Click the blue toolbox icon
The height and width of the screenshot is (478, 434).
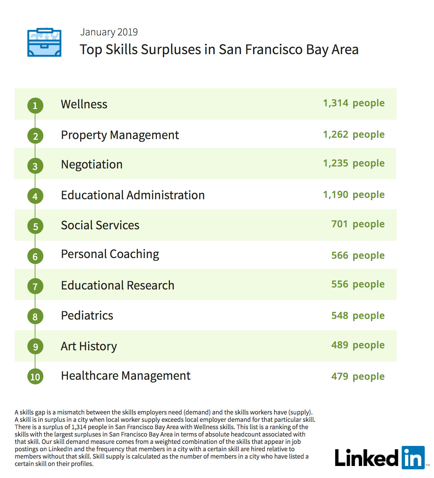(44, 42)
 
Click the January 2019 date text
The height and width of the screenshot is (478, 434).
(109, 32)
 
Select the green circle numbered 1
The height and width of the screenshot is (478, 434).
(35, 106)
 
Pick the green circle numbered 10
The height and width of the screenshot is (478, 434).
(35, 377)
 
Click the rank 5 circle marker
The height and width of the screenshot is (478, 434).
(35, 226)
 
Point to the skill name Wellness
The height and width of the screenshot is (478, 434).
(84, 104)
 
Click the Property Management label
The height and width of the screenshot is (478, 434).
(120, 135)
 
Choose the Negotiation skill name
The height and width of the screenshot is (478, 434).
(92, 164)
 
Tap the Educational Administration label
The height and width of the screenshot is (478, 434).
(133, 195)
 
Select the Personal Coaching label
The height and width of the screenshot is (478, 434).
(110, 254)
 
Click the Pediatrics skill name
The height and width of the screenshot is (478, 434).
(87, 316)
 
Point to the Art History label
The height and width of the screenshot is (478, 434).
(89, 346)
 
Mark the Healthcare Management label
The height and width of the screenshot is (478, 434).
(126, 376)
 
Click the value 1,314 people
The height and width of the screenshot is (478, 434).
(354, 103)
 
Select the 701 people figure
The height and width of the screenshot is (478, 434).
(358, 224)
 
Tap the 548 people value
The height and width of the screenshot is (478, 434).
(358, 316)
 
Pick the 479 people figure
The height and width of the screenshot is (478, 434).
(358, 377)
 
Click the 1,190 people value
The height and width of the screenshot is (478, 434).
(354, 195)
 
